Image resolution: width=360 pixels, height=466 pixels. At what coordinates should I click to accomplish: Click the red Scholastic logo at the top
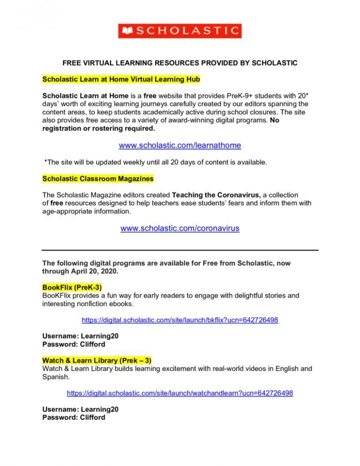coord(180,31)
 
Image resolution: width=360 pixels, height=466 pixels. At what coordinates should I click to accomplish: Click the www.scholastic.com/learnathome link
coord(180,145)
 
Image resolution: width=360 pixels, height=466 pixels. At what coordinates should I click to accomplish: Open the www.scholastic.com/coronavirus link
coord(180,228)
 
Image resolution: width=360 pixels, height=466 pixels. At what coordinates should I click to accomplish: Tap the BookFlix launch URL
coord(180,320)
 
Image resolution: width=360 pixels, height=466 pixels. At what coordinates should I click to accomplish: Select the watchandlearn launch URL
coord(180,393)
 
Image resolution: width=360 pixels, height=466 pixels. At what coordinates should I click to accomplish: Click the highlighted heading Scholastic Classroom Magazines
coord(98,179)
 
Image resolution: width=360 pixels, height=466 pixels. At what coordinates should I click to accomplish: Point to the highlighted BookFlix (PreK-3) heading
coord(72,286)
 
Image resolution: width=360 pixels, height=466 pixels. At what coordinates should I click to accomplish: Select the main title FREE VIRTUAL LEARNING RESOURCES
coord(180,63)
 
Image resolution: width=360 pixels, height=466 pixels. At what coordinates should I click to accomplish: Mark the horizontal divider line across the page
coord(180,250)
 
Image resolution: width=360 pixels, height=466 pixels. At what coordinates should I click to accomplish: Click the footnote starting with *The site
coord(155,162)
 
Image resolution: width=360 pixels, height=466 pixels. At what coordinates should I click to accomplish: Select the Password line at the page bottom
coord(74,417)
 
